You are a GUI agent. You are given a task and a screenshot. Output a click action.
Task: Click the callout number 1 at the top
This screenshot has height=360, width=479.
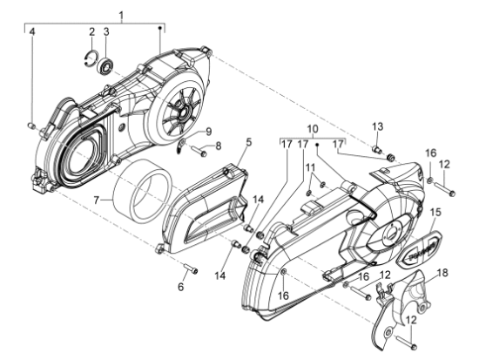122,15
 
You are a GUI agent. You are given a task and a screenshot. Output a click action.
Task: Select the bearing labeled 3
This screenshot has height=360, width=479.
106,65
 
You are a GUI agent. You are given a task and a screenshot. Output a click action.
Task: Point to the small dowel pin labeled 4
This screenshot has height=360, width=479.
31,126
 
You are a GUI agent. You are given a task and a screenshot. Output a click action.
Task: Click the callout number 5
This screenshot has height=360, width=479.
249,142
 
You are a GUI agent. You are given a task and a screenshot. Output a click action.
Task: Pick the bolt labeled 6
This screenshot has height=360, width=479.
191,268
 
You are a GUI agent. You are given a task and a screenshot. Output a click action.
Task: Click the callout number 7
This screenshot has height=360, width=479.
97,200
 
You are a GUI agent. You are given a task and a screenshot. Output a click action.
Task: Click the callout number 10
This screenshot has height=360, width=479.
313,129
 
